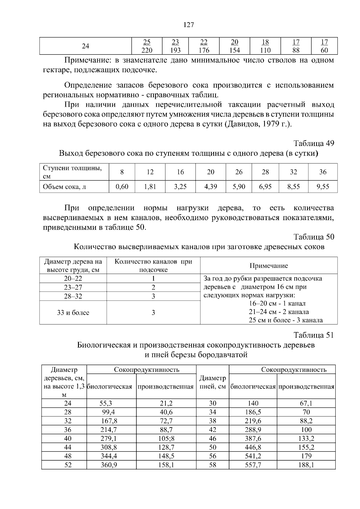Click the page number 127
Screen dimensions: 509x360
coord(188,25)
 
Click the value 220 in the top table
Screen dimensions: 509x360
coord(147,50)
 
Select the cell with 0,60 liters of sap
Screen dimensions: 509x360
coord(122,187)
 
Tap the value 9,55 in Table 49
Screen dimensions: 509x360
coord(323,187)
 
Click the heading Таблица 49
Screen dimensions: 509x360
coord(313,143)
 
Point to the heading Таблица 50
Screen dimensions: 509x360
coord(313,237)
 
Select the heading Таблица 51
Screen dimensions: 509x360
coord(313,335)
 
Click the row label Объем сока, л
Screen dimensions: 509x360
coord(64,187)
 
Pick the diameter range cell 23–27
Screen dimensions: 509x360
coord(73,287)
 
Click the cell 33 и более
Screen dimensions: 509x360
coord(73,313)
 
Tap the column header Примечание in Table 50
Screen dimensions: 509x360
coord(268,266)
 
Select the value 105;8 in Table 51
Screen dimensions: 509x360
coord(166,439)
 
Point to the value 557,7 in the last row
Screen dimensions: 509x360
coord(253,465)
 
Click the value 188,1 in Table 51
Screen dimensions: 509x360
coord(306,465)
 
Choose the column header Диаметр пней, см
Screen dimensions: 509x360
coord(212,382)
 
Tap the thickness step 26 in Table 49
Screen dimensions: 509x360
coord(239,172)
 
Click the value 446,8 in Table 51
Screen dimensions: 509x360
coord(253,448)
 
